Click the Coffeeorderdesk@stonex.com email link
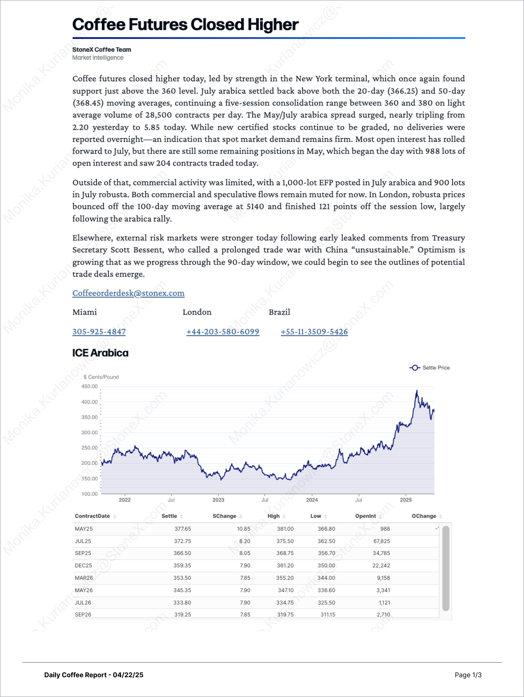pyautogui.click(x=128, y=293)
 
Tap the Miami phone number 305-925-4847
pyautogui.click(x=99, y=332)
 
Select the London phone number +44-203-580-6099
pyautogui.click(x=222, y=332)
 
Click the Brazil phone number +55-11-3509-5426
pyautogui.click(x=314, y=332)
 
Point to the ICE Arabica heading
pyautogui.click(x=100, y=353)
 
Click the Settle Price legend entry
pyautogui.click(x=430, y=368)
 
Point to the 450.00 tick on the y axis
pyautogui.click(x=90, y=386)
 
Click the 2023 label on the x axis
pyautogui.click(x=218, y=500)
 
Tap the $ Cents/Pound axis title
pyautogui.click(x=101, y=377)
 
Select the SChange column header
pyautogui.click(x=224, y=516)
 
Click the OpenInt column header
pyautogui.click(x=365, y=516)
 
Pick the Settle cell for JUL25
pyautogui.click(x=182, y=541)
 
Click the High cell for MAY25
pyautogui.click(x=285, y=529)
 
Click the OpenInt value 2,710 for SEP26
pyautogui.click(x=383, y=614)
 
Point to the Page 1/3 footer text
pyautogui.click(x=468, y=675)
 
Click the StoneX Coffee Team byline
pyautogui.click(x=102, y=49)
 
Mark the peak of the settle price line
pyautogui.click(x=417, y=391)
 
